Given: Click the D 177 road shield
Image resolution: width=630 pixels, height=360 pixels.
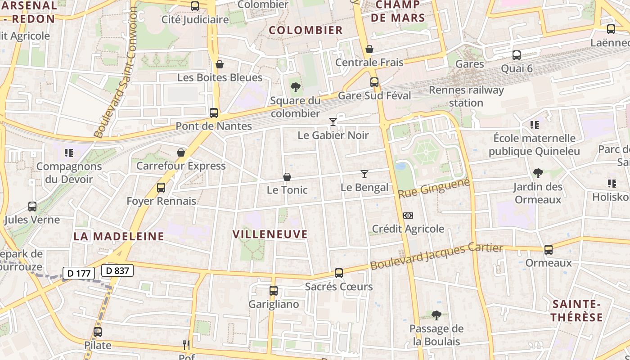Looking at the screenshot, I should pyautogui.click(x=79, y=273).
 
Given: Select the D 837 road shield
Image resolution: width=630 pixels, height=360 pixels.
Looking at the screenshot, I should pyautogui.click(x=117, y=270).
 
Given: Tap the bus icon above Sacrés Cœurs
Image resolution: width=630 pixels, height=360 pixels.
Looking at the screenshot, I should pyautogui.click(x=339, y=273).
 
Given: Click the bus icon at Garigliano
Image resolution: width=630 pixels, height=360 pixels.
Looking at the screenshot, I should pyautogui.click(x=273, y=291).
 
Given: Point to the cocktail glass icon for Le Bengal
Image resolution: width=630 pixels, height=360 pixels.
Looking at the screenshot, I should pyautogui.click(x=364, y=174).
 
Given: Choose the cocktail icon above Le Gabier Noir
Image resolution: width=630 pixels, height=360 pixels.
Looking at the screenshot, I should pyautogui.click(x=333, y=121).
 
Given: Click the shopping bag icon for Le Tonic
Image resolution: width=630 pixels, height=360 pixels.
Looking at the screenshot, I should pyautogui.click(x=287, y=177).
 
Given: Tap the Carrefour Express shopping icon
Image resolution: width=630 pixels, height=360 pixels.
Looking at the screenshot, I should pyautogui.click(x=181, y=153).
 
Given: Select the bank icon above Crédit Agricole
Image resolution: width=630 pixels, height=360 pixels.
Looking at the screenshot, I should pyautogui.click(x=408, y=216).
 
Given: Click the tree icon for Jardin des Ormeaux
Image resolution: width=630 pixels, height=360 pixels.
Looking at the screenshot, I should pyautogui.click(x=538, y=173).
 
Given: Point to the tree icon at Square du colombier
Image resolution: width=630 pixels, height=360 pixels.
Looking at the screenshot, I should pyautogui.click(x=295, y=87).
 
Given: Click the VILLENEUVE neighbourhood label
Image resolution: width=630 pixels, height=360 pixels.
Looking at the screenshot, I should pyautogui.click(x=270, y=234).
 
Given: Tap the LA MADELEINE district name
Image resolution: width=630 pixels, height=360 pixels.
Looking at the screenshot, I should pyautogui.click(x=119, y=236).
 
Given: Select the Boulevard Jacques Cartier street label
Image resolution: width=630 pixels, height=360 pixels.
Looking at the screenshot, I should pyautogui.click(x=436, y=256).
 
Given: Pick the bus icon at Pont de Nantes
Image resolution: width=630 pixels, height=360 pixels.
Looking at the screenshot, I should pyautogui.click(x=214, y=112).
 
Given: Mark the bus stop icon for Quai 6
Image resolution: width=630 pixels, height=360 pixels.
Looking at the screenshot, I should pyautogui.click(x=517, y=55).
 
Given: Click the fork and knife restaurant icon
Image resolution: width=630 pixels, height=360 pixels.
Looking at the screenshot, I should pyautogui.click(x=186, y=345).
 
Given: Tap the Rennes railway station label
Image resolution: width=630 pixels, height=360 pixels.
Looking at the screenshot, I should pyautogui.click(x=466, y=96).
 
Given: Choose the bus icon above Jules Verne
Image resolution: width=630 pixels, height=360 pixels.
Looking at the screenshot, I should pyautogui.click(x=32, y=207).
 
